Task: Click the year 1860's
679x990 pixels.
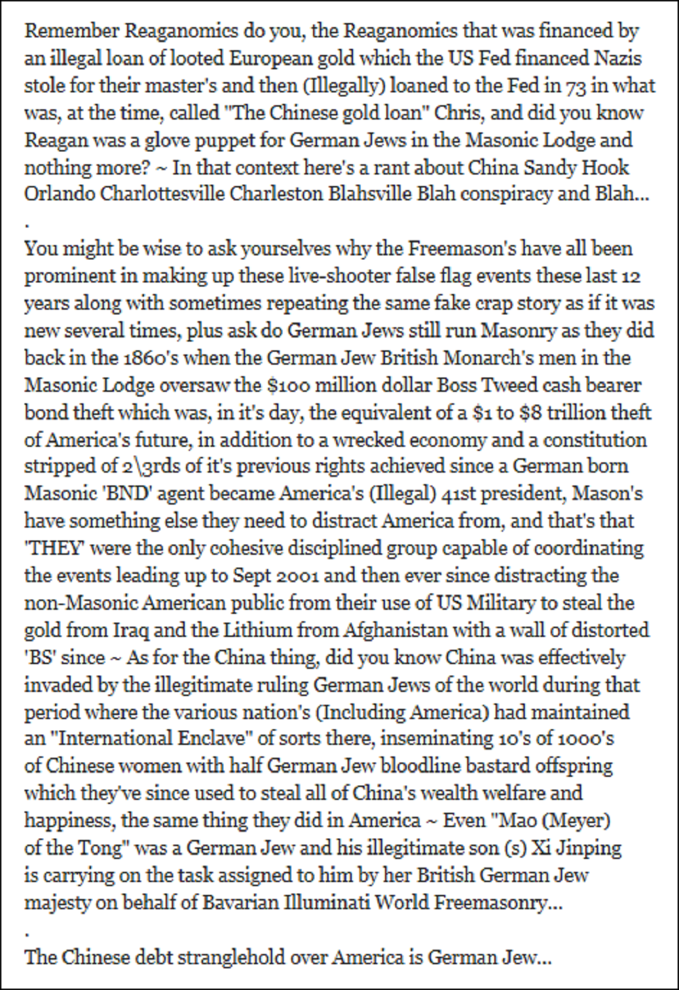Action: [148, 358]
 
